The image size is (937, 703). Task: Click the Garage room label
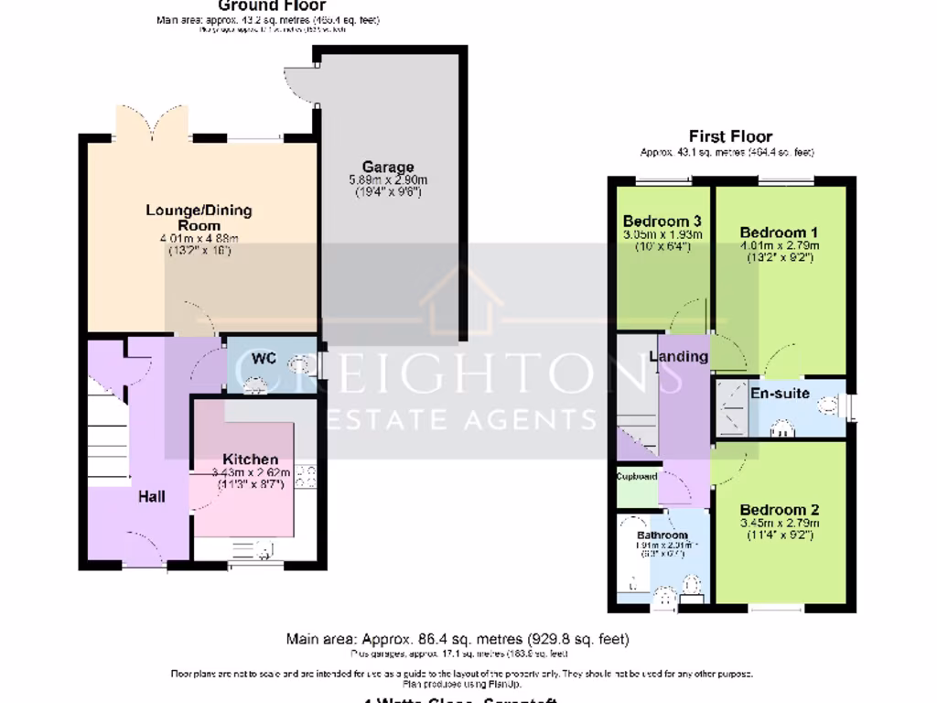388,167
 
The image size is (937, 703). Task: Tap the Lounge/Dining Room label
199,218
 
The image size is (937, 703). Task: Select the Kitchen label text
250,459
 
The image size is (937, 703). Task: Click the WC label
264,358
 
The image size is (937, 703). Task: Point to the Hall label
152,496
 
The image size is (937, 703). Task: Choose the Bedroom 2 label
780,510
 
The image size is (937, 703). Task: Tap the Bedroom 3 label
662,221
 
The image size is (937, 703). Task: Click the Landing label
679,356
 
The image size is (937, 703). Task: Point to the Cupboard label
636,477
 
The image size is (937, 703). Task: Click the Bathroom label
662,535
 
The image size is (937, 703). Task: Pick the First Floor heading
730,136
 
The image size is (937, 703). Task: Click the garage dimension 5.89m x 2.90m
388,179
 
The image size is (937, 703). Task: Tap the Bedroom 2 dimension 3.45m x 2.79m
780,524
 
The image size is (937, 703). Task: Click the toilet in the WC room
302,366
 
